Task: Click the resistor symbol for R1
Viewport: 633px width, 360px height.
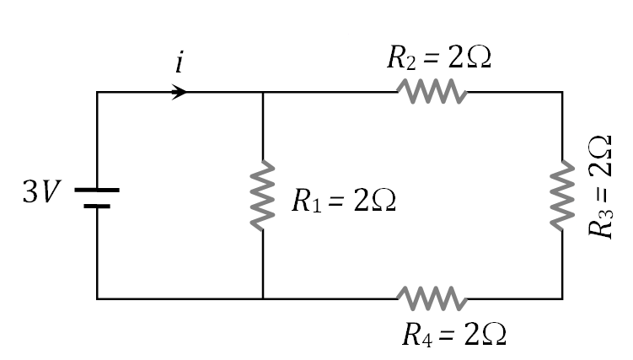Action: (x=264, y=195)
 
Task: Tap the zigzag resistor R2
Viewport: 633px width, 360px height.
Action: (x=432, y=91)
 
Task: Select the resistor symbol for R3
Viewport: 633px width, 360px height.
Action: (x=562, y=196)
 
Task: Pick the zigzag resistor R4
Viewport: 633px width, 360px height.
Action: (x=432, y=298)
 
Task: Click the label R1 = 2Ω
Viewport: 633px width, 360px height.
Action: (x=343, y=201)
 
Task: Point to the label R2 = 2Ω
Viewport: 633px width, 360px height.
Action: (x=438, y=58)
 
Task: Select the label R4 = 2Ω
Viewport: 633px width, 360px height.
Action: (x=453, y=335)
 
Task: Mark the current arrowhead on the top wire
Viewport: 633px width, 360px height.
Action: (x=180, y=91)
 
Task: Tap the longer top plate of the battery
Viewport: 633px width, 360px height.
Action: (x=97, y=190)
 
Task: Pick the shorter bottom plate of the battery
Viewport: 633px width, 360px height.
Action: (x=97, y=205)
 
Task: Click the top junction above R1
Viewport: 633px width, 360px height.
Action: (x=264, y=91)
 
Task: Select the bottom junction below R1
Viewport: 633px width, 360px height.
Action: (x=264, y=298)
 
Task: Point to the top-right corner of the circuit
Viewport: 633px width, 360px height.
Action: (x=562, y=91)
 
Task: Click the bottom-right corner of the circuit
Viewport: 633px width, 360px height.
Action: (x=562, y=298)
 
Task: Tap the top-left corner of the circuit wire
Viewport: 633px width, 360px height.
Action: (x=97, y=91)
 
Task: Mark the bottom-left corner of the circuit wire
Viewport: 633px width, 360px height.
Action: (x=97, y=298)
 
